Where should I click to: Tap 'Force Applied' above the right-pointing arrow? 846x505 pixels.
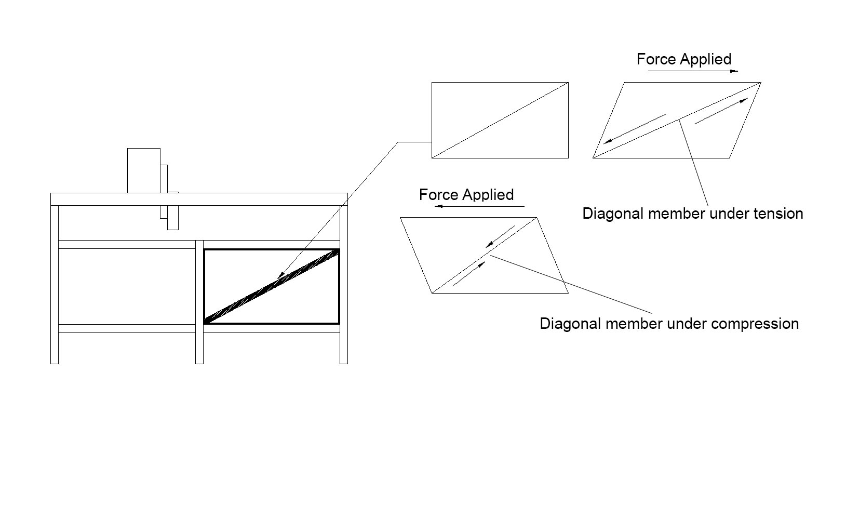click(x=684, y=59)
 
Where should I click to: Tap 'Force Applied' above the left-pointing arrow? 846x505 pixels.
click(x=466, y=195)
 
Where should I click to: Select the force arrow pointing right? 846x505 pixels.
click(x=693, y=71)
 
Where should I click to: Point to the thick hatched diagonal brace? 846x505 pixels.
click(x=272, y=286)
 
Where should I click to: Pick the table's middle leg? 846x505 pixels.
click(x=199, y=301)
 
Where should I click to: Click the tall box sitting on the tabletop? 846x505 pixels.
click(x=144, y=170)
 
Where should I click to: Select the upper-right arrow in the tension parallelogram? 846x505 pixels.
click(x=722, y=110)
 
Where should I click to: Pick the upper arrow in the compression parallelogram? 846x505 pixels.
click(x=500, y=236)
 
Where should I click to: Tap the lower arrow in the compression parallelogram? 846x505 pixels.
click(x=469, y=274)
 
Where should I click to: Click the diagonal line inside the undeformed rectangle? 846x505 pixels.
click(x=500, y=120)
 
